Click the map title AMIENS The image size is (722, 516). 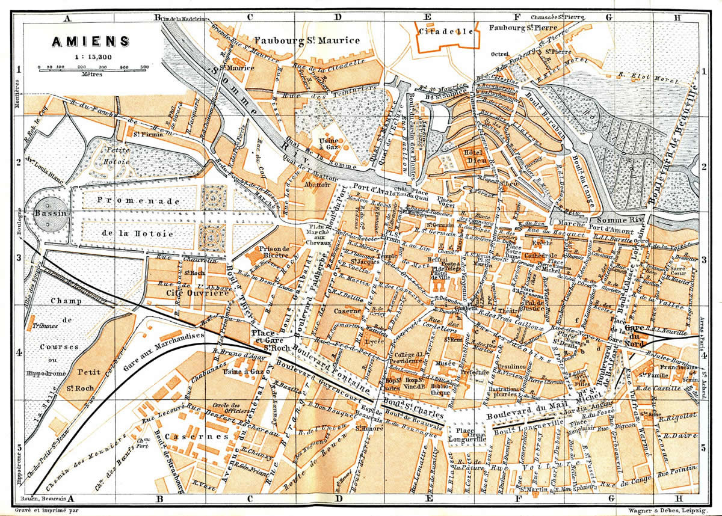coord(90,41)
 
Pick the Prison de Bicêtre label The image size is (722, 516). coord(274,252)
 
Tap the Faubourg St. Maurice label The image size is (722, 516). coord(307,40)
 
